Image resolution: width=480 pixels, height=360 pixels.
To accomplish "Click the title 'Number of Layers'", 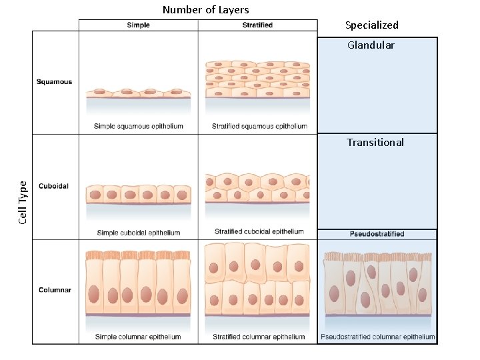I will click(205, 9).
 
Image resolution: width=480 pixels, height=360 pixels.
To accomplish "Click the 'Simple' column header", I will click(138, 25).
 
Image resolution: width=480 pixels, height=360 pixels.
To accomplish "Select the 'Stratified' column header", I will click(257, 25).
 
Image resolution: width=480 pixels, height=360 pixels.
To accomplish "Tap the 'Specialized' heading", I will click(371, 25).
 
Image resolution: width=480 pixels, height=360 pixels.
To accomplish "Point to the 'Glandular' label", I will click(371, 45).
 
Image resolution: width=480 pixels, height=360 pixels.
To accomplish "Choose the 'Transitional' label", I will click(375, 142).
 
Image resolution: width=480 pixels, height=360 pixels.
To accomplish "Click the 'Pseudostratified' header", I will click(377, 234).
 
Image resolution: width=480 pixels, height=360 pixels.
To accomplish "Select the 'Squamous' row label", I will click(55, 82).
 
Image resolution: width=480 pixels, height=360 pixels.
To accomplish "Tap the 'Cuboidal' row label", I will click(53, 186).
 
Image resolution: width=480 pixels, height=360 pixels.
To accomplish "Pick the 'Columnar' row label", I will click(55, 290).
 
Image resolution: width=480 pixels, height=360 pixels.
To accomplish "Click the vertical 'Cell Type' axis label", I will click(24, 202).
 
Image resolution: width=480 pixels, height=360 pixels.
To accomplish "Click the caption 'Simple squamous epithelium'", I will click(139, 126).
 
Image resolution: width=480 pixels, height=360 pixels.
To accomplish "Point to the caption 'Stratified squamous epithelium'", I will click(259, 126).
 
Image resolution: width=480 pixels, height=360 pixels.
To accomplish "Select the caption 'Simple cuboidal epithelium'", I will click(138, 233).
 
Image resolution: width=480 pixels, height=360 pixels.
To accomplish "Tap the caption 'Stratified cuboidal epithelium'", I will click(259, 232).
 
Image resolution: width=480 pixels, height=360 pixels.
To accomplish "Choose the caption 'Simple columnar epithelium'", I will click(138, 337).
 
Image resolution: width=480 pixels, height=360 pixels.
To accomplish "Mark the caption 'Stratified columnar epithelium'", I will click(259, 337).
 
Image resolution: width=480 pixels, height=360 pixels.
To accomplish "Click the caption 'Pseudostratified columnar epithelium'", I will click(377, 337).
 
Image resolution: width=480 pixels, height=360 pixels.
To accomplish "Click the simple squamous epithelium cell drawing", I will click(138, 93).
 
